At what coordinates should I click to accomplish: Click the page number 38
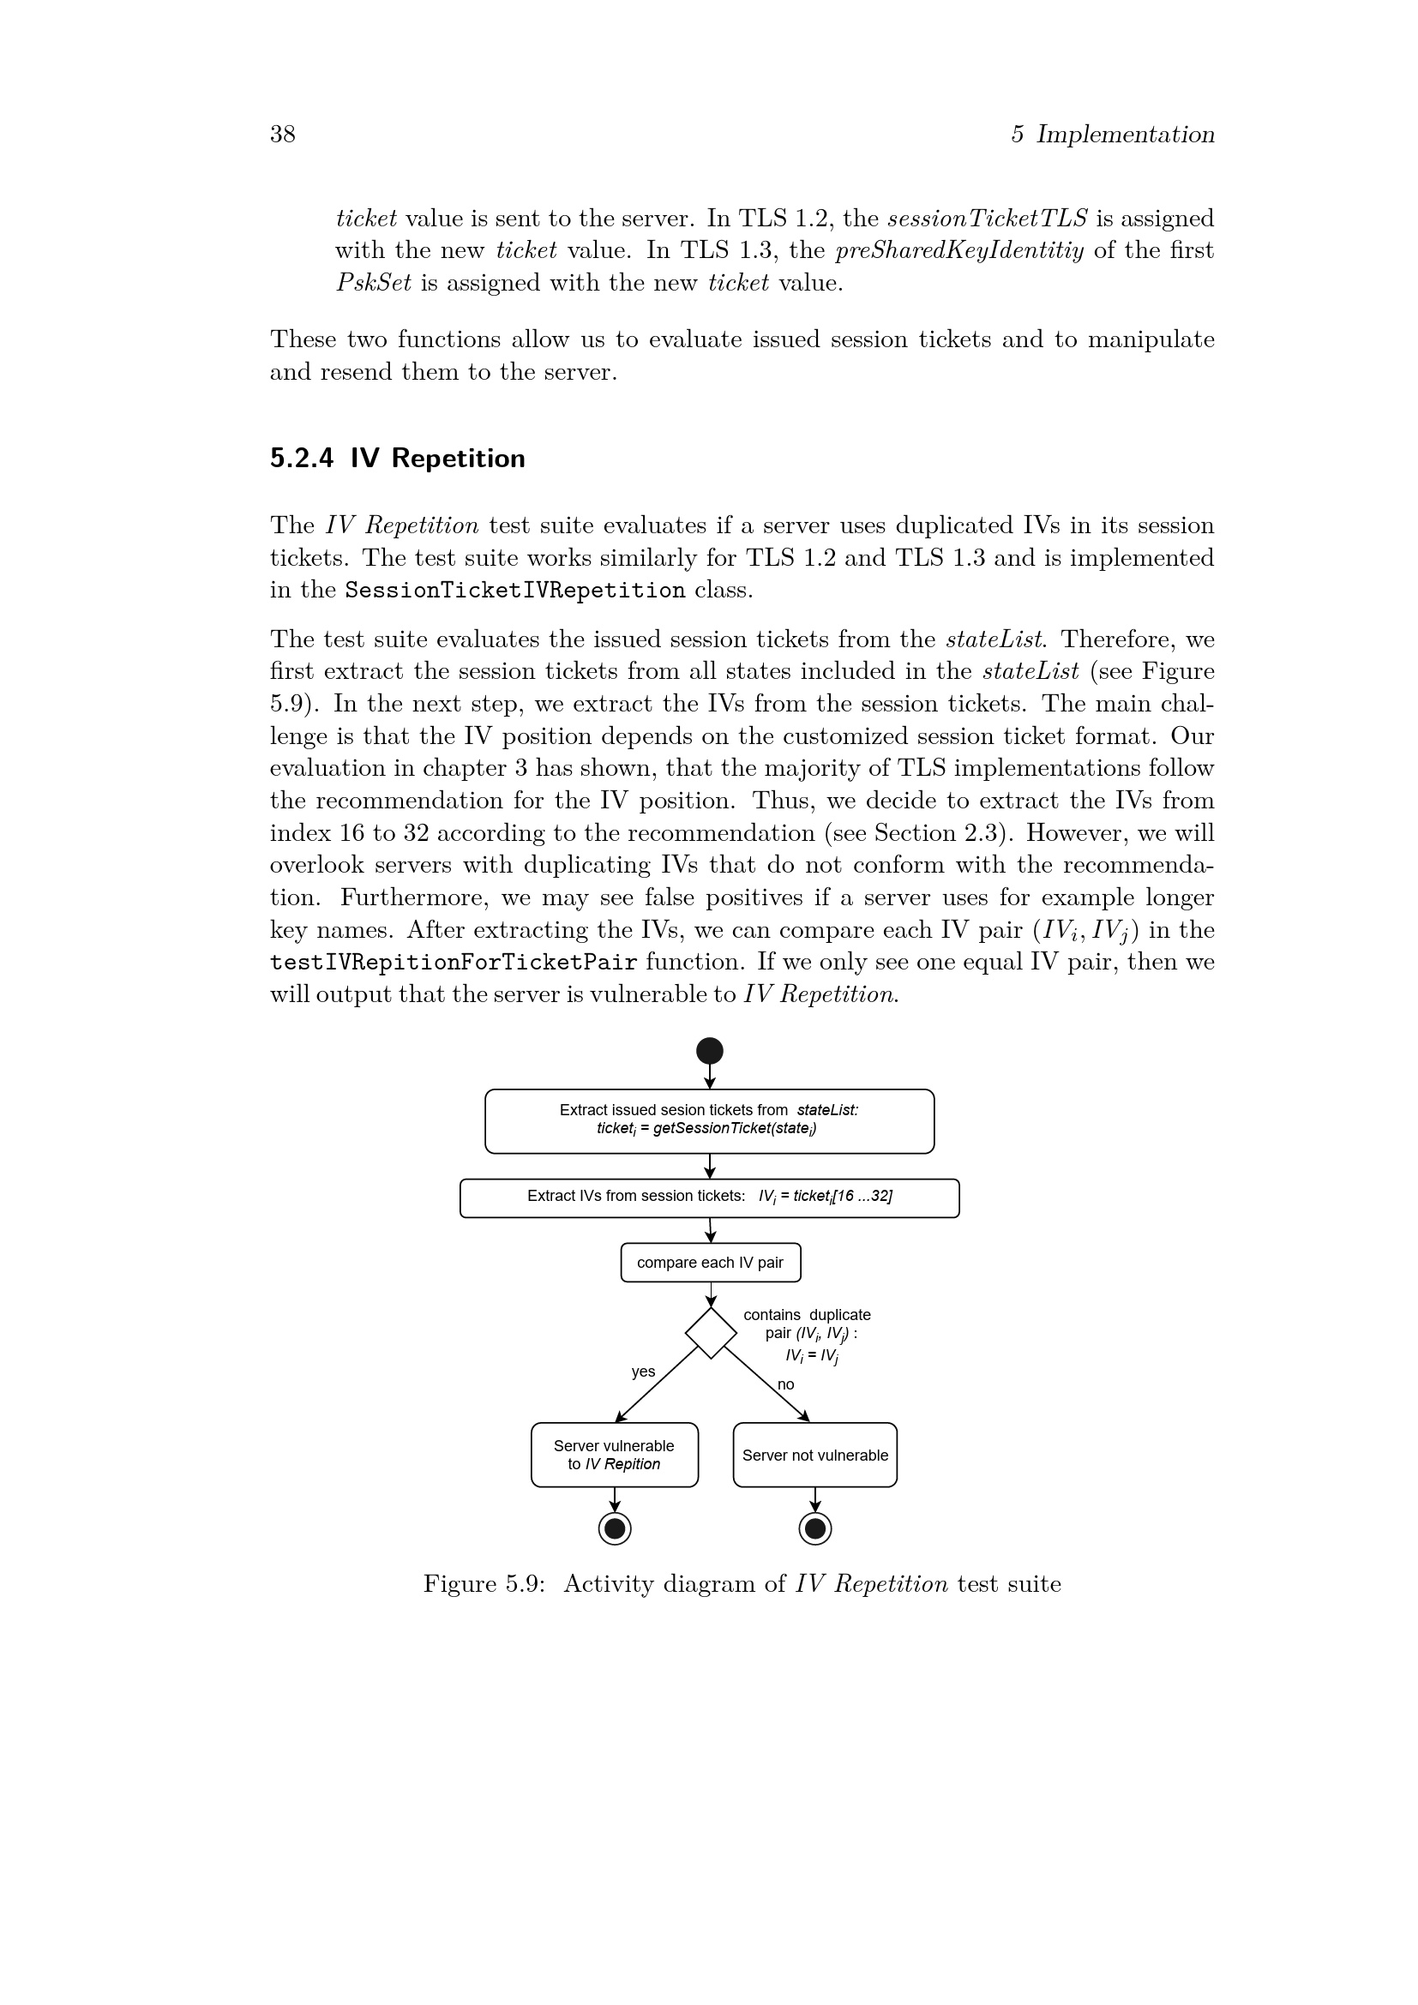[282, 134]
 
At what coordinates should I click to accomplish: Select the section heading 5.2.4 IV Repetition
[397, 459]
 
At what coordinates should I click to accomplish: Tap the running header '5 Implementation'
[1113, 134]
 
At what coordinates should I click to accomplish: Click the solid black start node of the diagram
[709, 1051]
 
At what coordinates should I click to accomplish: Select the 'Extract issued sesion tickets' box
[709, 1120]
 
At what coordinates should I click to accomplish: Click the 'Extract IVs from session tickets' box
[709, 1198]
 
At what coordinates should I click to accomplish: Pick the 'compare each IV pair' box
[710, 1262]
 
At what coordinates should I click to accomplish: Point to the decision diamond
[711, 1333]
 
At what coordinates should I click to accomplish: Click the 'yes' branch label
[644, 1372]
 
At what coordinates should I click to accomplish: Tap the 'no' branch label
[786, 1384]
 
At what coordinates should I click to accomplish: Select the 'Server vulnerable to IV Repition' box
[614, 1455]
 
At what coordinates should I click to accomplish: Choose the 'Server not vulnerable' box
[814, 1455]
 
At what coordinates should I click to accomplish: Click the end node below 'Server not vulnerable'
[814, 1528]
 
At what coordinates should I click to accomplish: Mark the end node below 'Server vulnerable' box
[615, 1528]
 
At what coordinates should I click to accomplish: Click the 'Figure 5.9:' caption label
[484, 1584]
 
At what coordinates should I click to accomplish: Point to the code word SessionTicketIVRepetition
[515, 591]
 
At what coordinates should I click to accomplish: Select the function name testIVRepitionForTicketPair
[454, 963]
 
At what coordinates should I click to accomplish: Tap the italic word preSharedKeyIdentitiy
[958, 250]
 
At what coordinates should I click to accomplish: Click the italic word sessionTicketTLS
[987, 219]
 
